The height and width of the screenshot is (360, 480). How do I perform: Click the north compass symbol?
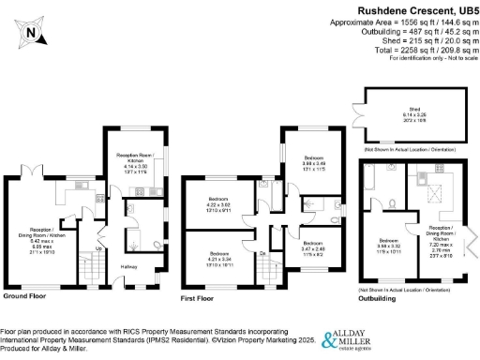tap(30, 35)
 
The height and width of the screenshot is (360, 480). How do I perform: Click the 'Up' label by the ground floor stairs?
tap(99, 248)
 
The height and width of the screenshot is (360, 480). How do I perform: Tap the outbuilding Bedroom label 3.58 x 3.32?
tap(388, 246)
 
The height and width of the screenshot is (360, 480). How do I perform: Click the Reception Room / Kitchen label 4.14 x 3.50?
tap(134, 159)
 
